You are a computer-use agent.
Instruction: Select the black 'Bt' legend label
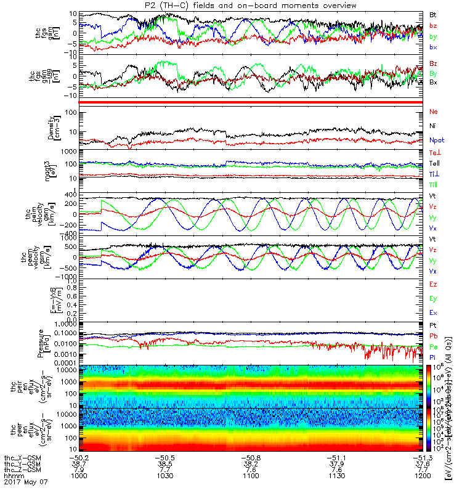[433, 14]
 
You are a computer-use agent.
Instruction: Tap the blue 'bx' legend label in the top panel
[434, 47]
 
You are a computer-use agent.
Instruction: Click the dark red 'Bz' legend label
[434, 63]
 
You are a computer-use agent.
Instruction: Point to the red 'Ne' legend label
[434, 112]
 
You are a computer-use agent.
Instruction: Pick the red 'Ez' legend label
[434, 285]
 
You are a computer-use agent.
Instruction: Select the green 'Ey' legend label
[434, 299]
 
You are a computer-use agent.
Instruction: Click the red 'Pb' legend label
[434, 336]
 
